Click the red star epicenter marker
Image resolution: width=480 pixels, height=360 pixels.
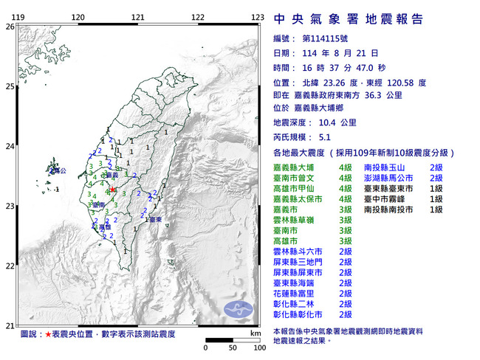(x=113, y=190)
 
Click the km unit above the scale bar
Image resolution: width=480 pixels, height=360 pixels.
(x=256, y=333)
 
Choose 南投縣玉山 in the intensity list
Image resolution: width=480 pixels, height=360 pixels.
(x=388, y=169)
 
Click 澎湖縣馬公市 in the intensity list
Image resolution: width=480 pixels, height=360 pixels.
(x=392, y=179)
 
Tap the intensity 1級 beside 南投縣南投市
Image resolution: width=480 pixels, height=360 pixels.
(x=436, y=210)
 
